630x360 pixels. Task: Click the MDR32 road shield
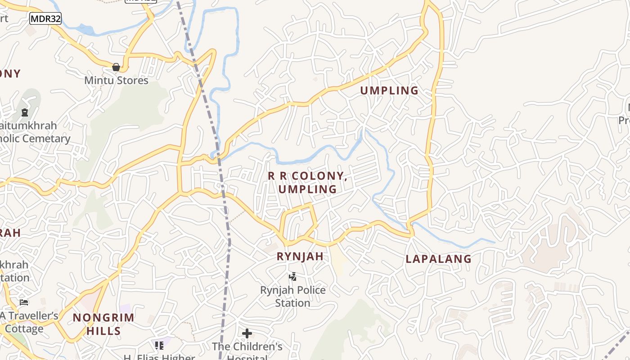tap(45, 18)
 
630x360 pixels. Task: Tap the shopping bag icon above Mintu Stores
tap(116, 67)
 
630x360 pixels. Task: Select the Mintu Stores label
tap(117, 81)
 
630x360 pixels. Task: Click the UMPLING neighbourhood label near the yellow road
tap(389, 90)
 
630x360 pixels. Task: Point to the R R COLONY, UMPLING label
tap(308, 183)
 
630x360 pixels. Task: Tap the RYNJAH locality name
tap(300, 256)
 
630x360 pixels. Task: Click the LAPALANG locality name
tap(438, 259)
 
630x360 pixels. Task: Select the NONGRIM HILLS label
tap(103, 324)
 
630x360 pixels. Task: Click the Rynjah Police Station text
tap(293, 296)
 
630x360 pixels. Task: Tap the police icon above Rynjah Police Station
tap(293, 276)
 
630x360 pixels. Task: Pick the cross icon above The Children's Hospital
tap(247, 333)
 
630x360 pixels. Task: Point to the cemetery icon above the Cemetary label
tap(25, 112)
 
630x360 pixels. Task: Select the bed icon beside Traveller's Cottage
tap(24, 302)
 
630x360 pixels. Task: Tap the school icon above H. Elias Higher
tap(159, 346)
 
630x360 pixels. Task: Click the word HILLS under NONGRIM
tap(103, 331)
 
